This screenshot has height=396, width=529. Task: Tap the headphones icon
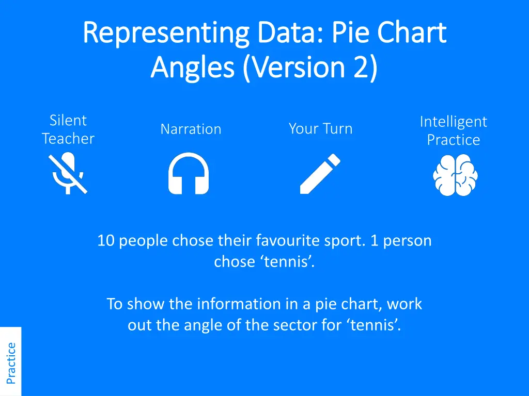pyautogui.click(x=189, y=174)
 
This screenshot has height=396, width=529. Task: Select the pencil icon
pyautogui.click(x=320, y=174)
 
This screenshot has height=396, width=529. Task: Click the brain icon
pyautogui.click(x=455, y=175)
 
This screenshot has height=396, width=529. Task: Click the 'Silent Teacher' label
pyautogui.click(x=68, y=129)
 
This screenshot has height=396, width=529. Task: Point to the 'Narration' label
pyautogui.click(x=191, y=129)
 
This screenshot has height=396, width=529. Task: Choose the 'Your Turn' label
pyautogui.click(x=320, y=128)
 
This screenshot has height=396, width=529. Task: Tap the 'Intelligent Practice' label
pyautogui.click(x=453, y=130)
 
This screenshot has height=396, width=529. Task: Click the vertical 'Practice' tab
pyautogui.click(x=11, y=363)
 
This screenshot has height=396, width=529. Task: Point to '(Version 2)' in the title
pyautogui.click(x=310, y=68)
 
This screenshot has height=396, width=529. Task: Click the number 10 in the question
pyautogui.click(x=106, y=241)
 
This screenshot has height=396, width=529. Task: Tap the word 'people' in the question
pyautogui.click(x=144, y=241)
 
